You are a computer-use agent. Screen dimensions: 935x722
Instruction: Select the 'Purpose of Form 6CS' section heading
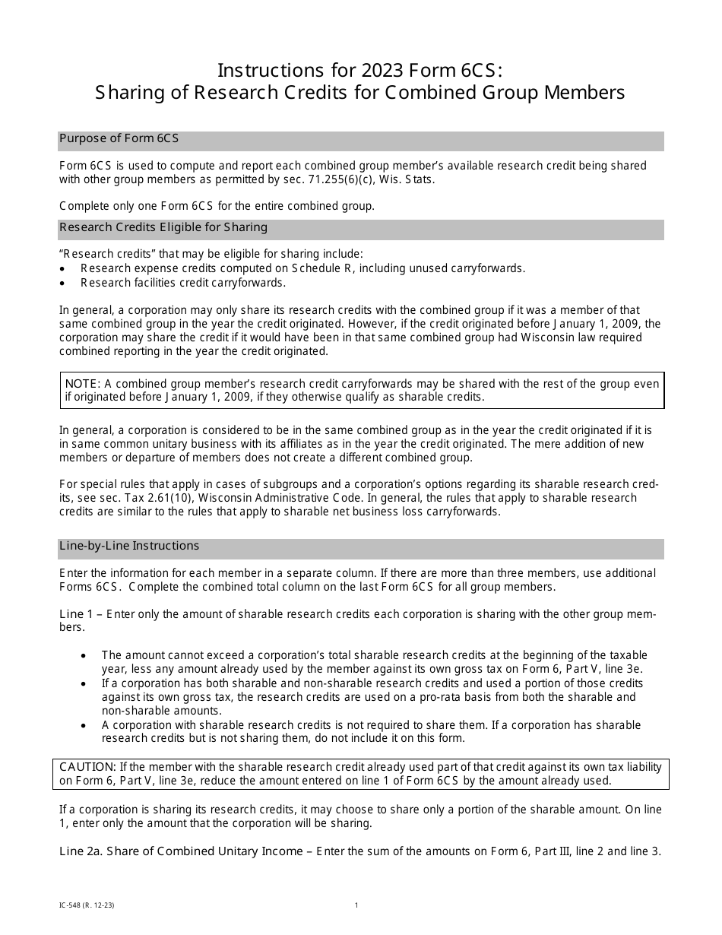click(119, 139)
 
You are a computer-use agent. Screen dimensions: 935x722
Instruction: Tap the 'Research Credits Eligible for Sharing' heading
click(163, 227)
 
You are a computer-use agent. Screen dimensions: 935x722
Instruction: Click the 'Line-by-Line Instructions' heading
click(129, 546)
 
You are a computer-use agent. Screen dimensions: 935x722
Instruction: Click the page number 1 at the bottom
click(356, 905)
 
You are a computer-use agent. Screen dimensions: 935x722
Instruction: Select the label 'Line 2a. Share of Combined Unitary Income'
click(181, 851)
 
